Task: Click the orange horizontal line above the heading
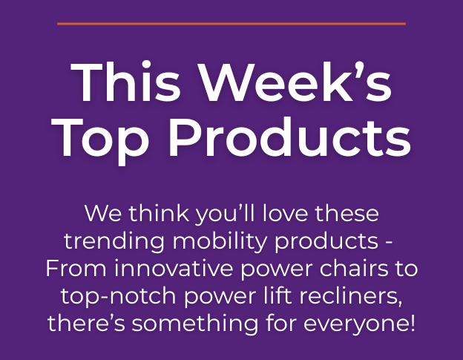point(231,24)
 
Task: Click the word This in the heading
point(125,82)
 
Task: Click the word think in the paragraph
point(159,213)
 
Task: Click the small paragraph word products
point(326,242)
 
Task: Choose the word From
point(76,268)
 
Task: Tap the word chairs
point(354,268)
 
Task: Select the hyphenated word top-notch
point(119,296)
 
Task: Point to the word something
point(195,324)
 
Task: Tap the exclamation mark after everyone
point(413,323)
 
